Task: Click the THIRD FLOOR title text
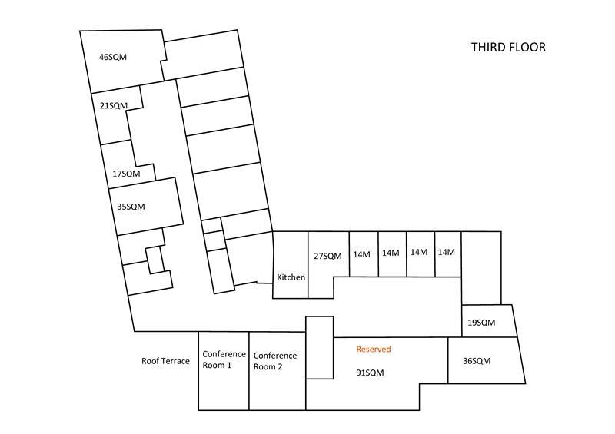pos(508,47)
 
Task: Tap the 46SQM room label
pos(113,57)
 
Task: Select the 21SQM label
pos(114,105)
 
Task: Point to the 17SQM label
pos(126,174)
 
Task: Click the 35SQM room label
pos(131,206)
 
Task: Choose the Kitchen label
pos(291,277)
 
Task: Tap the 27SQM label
pos(327,256)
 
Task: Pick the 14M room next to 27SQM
pos(361,254)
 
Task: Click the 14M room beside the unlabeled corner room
pos(447,252)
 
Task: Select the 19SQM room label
pos(481,323)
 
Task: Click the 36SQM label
pos(477,361)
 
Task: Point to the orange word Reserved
pos(374,349)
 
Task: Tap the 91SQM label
pos(370,373)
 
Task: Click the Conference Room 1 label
pos(224,359)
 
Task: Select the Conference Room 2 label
pos(275,361)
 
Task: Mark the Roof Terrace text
pos(165,361)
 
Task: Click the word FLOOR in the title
pos(527,47)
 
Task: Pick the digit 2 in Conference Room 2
pos(280,367)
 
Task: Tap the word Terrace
pos(176,361)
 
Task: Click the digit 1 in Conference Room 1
pos(228,366)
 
